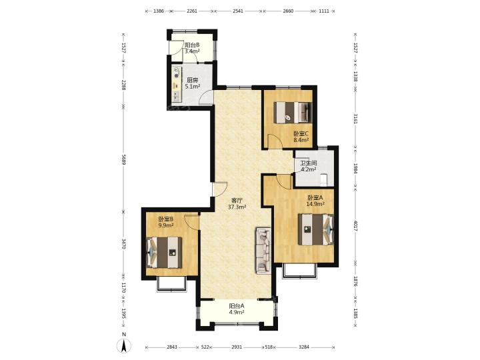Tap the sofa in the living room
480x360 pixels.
263,250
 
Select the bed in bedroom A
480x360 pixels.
315,229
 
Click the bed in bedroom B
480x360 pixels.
164,253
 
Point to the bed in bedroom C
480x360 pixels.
293,113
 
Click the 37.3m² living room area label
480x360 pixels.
237,207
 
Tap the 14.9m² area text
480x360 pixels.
315,204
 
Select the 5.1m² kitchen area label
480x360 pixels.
193,87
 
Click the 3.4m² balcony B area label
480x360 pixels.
192,51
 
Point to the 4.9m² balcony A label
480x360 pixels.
237,312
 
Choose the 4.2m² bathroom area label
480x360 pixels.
309,169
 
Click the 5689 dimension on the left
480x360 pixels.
123,159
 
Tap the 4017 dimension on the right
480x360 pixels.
355,226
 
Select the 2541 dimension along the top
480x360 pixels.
238,11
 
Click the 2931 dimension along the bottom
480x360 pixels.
237,347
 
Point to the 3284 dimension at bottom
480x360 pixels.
304,347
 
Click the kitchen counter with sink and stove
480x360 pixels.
177,83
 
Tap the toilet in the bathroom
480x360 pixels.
323,180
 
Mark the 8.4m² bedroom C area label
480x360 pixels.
301,140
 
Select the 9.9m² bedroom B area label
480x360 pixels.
166,225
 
